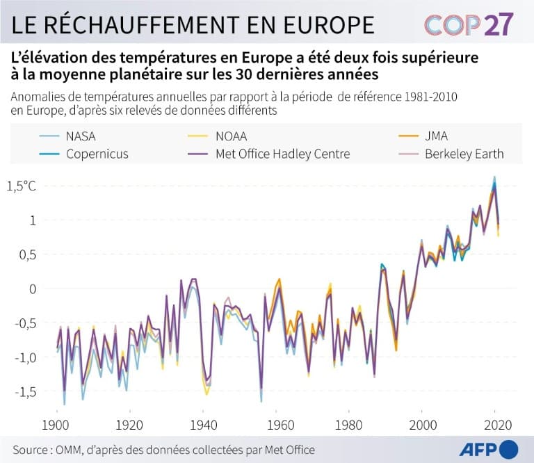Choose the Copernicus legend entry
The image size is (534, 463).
click(x=97, y=154)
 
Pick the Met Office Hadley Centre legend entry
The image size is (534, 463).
click(x=293, y=154)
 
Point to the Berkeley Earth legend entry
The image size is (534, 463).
click(x=464, y=154)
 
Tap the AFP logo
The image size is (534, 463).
click(x=486, y=449)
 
